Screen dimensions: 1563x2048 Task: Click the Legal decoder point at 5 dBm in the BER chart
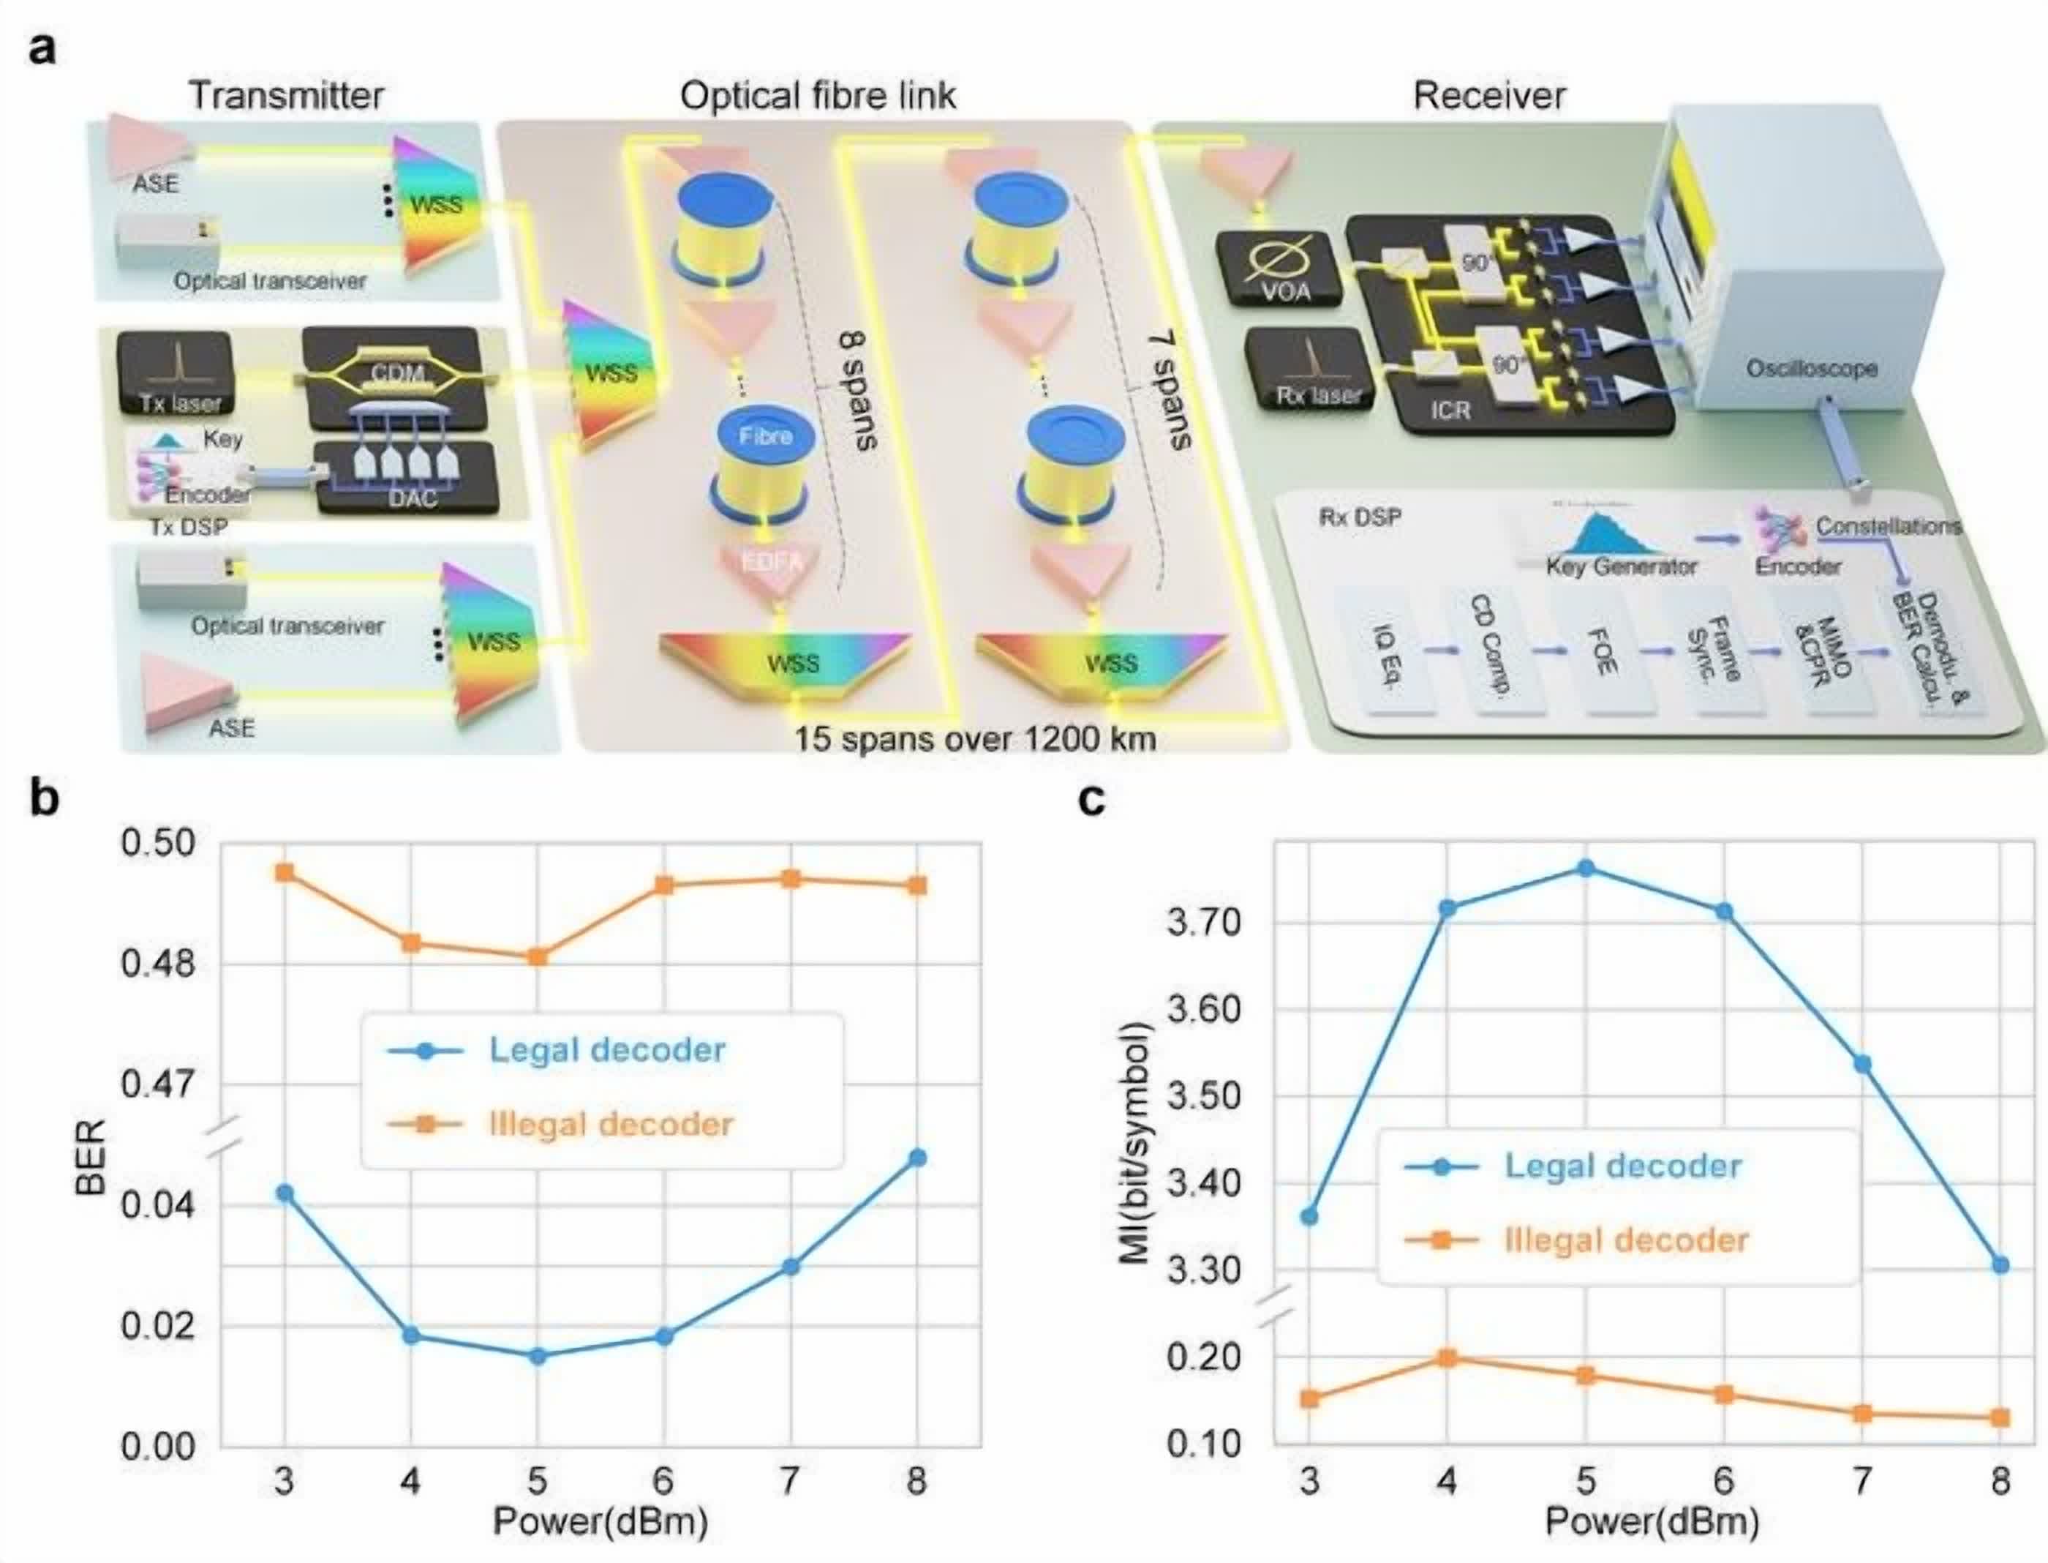click(537, 1357)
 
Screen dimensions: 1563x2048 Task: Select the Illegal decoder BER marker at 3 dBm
click(285, 873)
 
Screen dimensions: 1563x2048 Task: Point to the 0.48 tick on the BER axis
click(158, 964)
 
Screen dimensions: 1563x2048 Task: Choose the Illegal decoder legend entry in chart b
click(610, 1125)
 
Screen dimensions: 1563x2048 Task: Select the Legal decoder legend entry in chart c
click(1622, 1166)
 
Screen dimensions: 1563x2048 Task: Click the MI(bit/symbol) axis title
click(1136, 1144)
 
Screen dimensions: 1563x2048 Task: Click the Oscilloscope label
click(1811, 368)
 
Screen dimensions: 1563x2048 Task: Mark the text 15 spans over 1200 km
click(975, 740)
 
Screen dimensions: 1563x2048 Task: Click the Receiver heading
click(1489, 95)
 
